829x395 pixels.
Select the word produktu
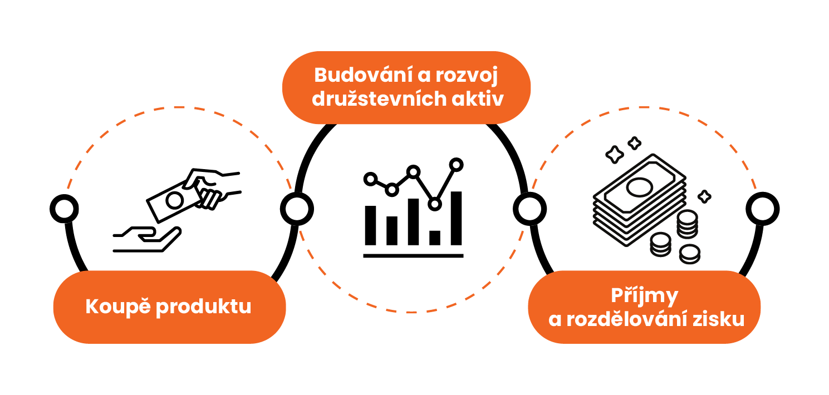coord(203,308)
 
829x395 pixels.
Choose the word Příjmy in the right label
coord(644,295)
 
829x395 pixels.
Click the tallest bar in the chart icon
coord(456,218)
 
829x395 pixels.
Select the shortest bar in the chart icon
coord(435,238)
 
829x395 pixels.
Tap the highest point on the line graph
coord(457,164)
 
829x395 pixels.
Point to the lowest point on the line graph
coord(435,204)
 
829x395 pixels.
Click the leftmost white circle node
coord(64,209)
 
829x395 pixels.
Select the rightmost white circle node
coord(762,209)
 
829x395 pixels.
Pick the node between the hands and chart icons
coord(297,209)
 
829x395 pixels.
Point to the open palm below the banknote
coord(148,238)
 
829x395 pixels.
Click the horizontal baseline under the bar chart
coord(413,256)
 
